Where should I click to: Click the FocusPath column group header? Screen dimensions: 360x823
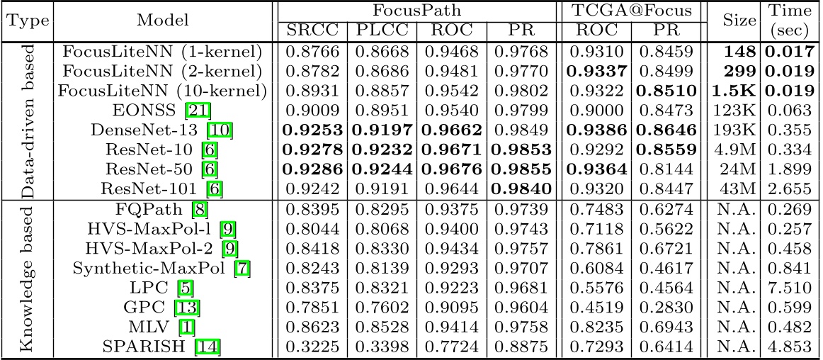pos(418,11)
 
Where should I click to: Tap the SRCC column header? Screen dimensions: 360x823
pos(312,30)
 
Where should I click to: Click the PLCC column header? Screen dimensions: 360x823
pos(381,30)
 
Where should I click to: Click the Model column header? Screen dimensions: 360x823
pos(163,21)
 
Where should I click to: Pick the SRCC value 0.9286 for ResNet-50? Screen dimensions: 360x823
pos(312,169)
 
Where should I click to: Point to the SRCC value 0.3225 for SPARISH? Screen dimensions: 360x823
pos(312,347)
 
